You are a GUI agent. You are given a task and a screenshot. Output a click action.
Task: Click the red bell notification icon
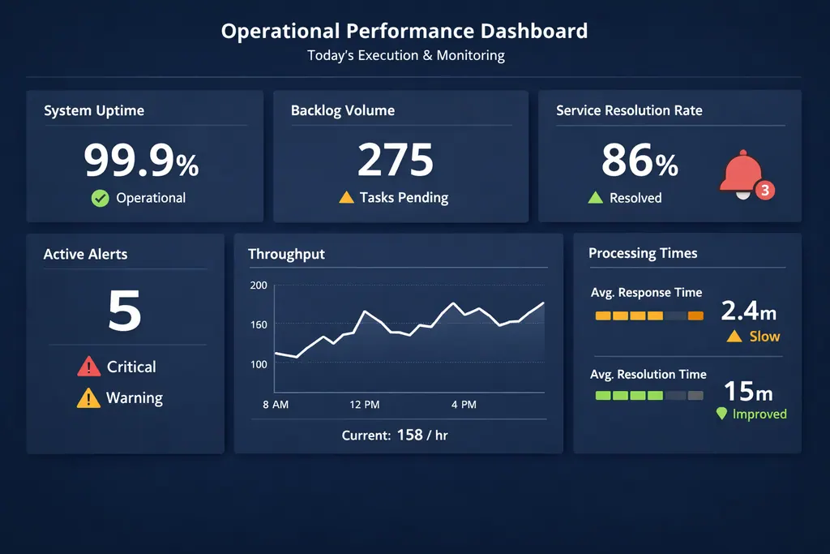point(740,172)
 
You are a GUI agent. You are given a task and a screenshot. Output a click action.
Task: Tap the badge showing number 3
point(765,191)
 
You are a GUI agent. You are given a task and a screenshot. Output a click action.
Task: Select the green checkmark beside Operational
point(100,198)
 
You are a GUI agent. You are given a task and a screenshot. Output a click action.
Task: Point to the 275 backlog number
point(396,160)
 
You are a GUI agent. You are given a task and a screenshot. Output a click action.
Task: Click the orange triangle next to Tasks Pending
point(346,197)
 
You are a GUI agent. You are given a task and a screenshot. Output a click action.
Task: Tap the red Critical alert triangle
point(88,367)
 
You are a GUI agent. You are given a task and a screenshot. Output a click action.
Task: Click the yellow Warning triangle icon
point(88,398)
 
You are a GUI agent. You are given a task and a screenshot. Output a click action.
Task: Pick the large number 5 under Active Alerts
point(124,311)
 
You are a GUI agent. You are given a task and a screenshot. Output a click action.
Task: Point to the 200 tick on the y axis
point(259,286)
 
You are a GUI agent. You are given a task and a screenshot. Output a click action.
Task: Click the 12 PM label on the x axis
point(365,404)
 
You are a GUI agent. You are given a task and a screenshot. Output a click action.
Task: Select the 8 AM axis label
point(276,404)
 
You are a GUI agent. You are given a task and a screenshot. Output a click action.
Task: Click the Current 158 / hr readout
point(395,436)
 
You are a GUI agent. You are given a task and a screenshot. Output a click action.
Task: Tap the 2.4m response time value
point(748,311)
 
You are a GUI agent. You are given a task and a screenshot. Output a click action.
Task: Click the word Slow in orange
point(764,337)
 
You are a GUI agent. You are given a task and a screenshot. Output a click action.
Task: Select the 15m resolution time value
point(747,391)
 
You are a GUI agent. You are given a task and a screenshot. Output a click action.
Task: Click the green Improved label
point(759,414)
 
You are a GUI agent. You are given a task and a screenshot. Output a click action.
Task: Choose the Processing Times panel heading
point(643,253)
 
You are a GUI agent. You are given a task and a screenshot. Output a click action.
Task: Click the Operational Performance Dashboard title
point(404,32)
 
